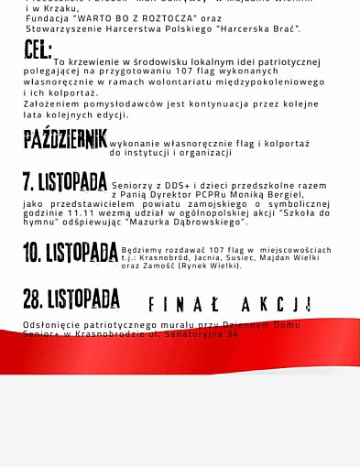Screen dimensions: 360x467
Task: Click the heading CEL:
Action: coord(38,50)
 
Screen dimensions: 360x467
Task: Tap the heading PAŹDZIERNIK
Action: coord(65,140)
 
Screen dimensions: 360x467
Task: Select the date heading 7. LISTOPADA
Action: coord(65,182)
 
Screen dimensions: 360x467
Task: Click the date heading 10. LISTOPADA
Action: coord(71,253)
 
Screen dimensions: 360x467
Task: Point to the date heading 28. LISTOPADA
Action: coord(71,299)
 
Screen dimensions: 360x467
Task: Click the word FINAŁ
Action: coord(184,305)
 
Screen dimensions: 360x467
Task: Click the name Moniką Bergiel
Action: coord(271,195)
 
